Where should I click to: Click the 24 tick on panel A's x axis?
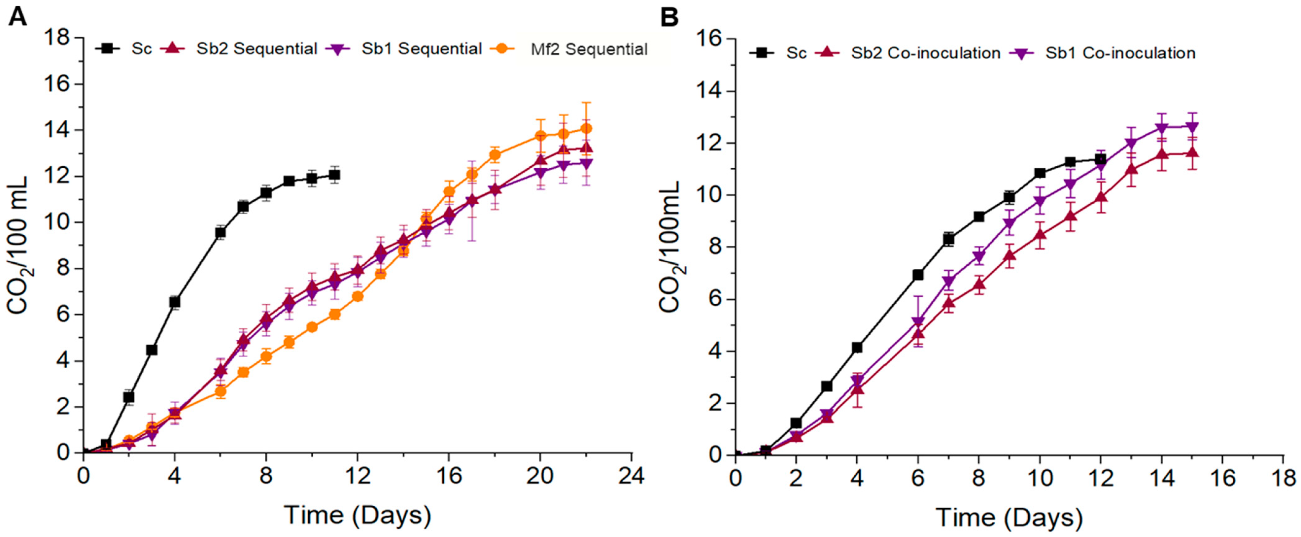[631, 476]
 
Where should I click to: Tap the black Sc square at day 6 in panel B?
[918, 275]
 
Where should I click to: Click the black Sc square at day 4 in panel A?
[175, 302]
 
